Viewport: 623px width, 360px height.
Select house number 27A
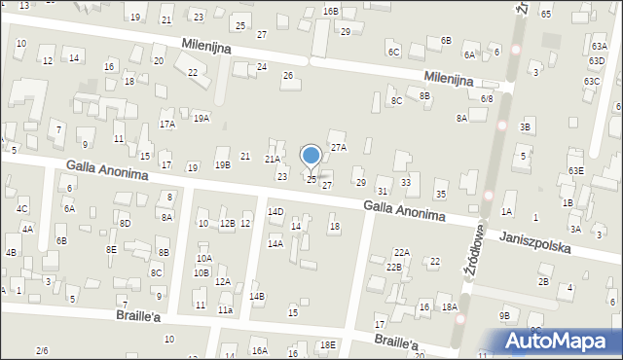coord(339,147)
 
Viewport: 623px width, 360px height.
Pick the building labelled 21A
coord(274,159)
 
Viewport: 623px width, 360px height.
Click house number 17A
coord(167,124)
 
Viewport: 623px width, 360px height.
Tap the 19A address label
coord(201,118)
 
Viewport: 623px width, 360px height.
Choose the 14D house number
coord(275,211)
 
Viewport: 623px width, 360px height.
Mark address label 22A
coord(402,252)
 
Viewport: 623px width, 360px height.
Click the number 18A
coord(449,307)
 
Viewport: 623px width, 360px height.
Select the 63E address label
coord(577,170)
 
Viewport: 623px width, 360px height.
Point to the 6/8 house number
coord(487,98)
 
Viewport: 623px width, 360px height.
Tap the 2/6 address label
coord(42,350)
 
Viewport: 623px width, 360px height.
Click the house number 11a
coord(225,309)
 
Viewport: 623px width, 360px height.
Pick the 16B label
coord(331,11)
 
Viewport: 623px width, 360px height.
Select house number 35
coord(441,195)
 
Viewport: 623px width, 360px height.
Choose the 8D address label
coord(126,224)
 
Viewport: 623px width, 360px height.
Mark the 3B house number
coord(526,126)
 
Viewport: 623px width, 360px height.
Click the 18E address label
coord(328,344)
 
